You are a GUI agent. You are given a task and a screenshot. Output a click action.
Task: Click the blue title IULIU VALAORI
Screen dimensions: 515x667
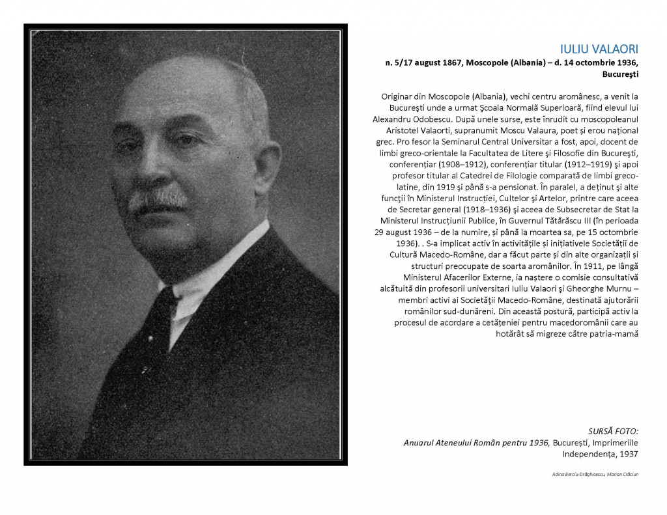[599, 49]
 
